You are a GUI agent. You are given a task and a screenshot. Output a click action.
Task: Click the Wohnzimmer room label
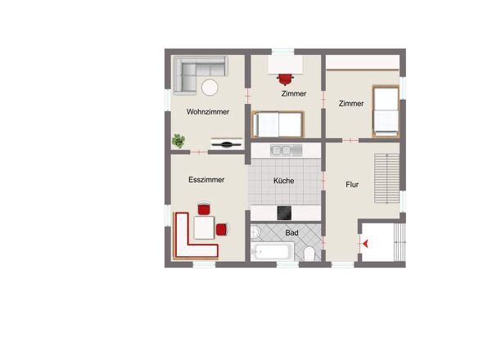208,112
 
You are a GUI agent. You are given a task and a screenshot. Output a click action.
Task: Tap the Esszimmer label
206,180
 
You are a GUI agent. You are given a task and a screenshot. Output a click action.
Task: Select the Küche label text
284,181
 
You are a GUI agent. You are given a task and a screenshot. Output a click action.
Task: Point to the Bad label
291,233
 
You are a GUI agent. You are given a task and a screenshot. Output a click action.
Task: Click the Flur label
352,184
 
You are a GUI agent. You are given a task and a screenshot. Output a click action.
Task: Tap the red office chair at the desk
285,79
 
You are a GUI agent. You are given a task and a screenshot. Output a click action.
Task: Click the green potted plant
178,141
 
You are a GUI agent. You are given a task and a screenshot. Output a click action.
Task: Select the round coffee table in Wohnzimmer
210,88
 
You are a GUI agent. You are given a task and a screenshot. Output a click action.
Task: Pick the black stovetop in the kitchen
284,213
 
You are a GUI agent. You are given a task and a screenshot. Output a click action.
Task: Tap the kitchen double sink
287,151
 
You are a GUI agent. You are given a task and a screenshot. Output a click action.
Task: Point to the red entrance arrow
365,244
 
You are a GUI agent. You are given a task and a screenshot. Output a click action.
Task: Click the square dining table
204,227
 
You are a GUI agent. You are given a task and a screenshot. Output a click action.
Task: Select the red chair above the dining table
204,209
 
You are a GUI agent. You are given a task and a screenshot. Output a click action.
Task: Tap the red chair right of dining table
223,230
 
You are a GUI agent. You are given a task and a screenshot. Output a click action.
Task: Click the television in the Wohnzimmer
227,143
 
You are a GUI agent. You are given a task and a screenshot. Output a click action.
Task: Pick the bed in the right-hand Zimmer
386,111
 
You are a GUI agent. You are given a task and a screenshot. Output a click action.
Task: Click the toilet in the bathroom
309,254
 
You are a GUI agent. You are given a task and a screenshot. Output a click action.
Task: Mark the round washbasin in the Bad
255,232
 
